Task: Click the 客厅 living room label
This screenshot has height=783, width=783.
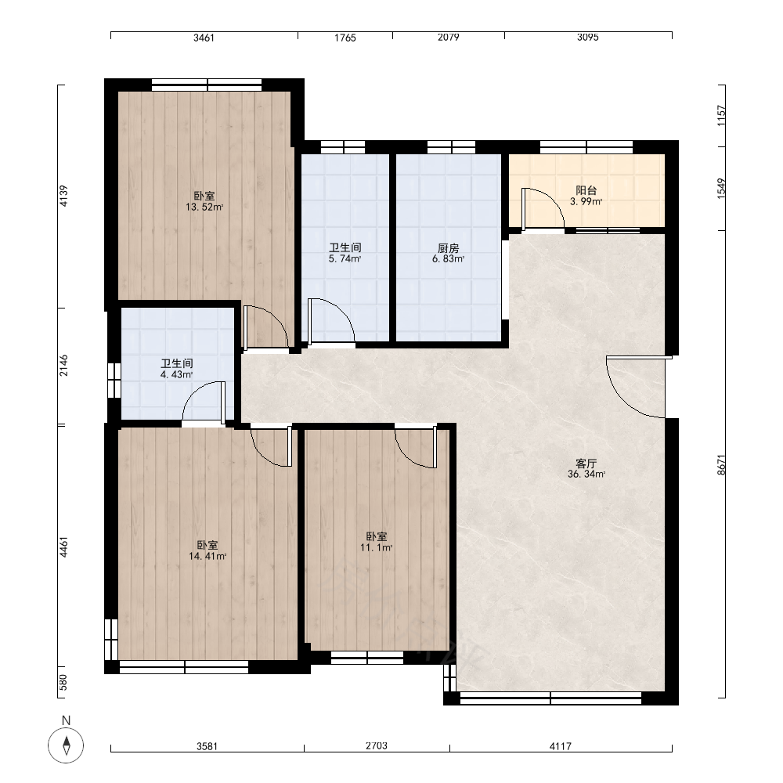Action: tap(586, 464)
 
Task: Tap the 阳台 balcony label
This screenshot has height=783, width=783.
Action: tap(586, 190)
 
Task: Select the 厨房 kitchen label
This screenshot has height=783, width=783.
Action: tap(449, 247)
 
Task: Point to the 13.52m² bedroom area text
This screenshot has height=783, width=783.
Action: tap(204, 207)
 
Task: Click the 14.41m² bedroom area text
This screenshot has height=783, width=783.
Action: tap(207, 556)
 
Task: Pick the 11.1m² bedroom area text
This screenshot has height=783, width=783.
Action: tap(377, 547)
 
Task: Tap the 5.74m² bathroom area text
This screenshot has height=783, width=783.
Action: tap(345, 258)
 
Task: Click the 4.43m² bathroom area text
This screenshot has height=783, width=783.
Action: tap(177, 374)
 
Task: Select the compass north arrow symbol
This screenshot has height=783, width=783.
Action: tap(66, 745)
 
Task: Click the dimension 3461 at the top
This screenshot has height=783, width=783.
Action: tap(204, 38)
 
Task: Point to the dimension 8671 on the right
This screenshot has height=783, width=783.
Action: tap(721, 464)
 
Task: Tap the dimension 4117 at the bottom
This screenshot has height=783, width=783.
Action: tap(561, 746)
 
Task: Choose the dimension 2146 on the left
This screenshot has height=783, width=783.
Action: tap(63, 366)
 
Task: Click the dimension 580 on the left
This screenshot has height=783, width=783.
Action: tap(63, 682)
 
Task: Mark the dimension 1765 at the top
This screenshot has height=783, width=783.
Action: tap(345, 38)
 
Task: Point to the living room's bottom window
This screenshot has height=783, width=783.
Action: tap(550, 698)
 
